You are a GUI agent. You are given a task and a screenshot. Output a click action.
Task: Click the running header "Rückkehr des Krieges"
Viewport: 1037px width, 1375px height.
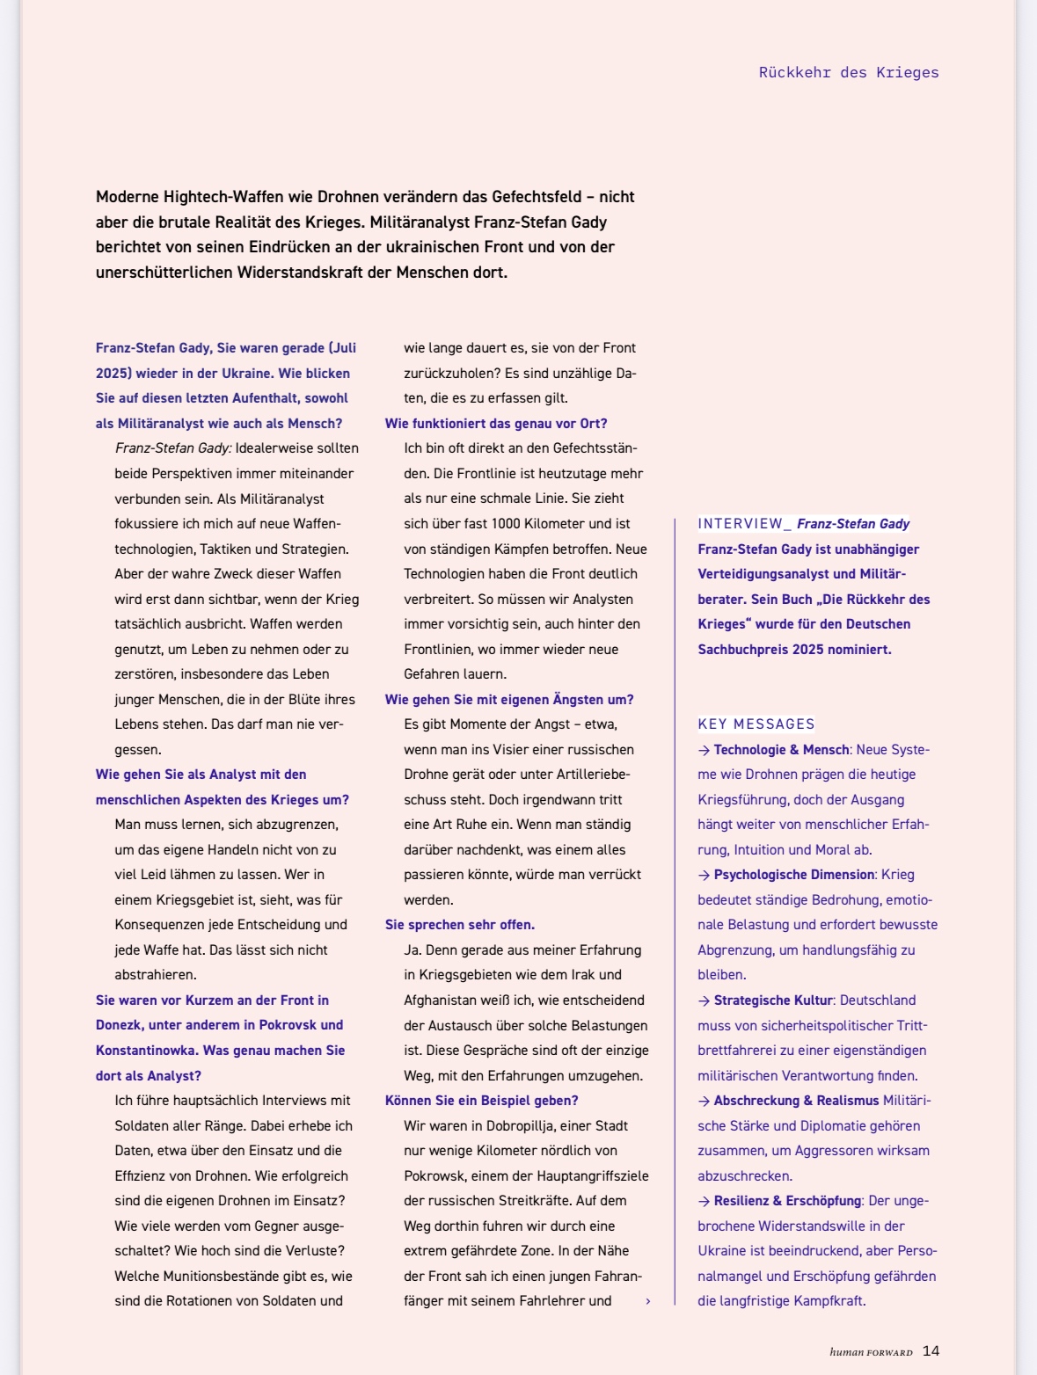[848, 73]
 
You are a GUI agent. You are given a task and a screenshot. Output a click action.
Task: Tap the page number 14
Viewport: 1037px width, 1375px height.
[931, 1351]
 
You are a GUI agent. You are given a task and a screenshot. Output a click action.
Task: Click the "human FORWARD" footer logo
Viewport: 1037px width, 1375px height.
[871, 1352]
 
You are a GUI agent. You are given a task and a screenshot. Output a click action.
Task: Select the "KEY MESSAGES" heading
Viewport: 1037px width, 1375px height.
[756, 724]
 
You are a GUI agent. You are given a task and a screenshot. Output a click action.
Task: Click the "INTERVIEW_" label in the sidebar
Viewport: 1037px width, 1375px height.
[744, 524]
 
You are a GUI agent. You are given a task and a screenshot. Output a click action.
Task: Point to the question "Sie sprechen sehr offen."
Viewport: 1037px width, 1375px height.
[460, 925]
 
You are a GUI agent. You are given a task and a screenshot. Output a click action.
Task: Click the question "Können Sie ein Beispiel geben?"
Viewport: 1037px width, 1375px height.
[481, 1101]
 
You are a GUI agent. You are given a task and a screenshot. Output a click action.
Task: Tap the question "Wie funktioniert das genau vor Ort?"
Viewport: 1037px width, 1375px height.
[496, 424]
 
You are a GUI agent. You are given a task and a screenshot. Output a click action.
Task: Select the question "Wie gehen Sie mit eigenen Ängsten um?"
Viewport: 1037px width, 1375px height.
[509, 700]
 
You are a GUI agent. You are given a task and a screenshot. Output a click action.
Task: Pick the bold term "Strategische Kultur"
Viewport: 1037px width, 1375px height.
[772, 1000]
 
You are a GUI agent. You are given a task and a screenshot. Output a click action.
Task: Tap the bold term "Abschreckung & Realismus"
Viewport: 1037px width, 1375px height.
[796, 1101]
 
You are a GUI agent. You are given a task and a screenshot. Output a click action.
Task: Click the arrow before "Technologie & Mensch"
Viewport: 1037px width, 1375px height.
[704, 750]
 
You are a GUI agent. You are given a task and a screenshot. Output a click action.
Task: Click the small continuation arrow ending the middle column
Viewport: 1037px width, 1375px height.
[648, 1301]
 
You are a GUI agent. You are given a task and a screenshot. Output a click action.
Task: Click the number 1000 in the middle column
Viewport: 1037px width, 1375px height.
[506, 524]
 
